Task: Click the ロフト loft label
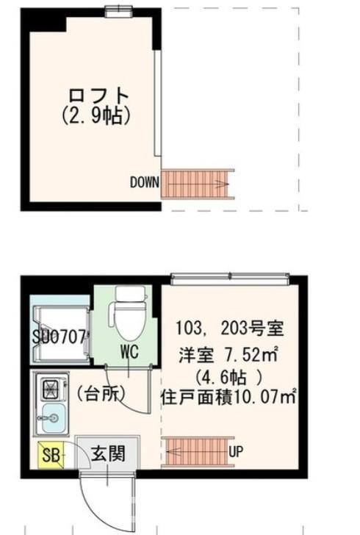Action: (x=98, y=96)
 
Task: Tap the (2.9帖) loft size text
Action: (x=96, y=115)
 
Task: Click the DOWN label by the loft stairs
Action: (x=144, y=182)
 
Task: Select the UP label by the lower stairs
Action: (x=236, y=452)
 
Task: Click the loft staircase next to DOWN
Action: (x=198, y=184)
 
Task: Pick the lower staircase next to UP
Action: (x=198, y=452)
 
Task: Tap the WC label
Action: (x=129, y=351)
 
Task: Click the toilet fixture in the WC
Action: (x=129, y=314)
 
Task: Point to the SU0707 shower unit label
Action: (x=59, y=337)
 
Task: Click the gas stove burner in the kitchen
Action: (x=52, y=388)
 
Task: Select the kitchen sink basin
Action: (x=52, y=417)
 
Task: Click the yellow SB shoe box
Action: (x=51, y=455)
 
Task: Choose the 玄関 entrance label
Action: (x=108, y=454)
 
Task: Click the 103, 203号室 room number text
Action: (x=229, y=328)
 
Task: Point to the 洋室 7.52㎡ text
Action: (x=228, y=356)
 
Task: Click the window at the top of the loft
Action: (x=118, y=12)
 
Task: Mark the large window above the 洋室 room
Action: (x=230, y=279)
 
